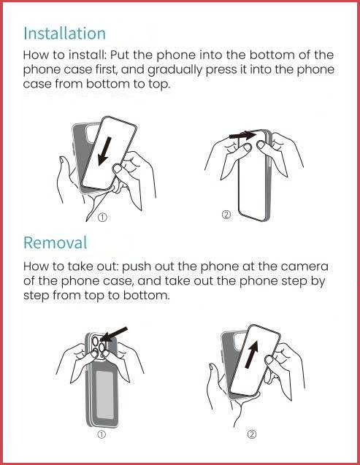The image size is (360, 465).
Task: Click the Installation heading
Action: click(65, 34)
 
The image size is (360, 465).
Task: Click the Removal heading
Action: click(55, 242)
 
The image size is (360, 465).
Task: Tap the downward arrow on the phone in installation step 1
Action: click(104, 151)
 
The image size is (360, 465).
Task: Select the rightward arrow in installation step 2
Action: click(242, 135)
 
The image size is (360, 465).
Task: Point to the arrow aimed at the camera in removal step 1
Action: click(114, 334)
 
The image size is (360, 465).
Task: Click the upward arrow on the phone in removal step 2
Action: click(252, 354)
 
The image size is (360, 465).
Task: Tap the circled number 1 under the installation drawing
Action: click(102, 218)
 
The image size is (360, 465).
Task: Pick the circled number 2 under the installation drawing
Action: click(226, 215)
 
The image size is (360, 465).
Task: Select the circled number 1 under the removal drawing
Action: click(102, 434)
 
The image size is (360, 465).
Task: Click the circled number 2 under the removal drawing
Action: click(251, 434)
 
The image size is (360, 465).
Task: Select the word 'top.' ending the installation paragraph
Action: click(159, 85)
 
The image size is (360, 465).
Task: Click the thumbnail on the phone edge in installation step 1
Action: click(118, 169)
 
